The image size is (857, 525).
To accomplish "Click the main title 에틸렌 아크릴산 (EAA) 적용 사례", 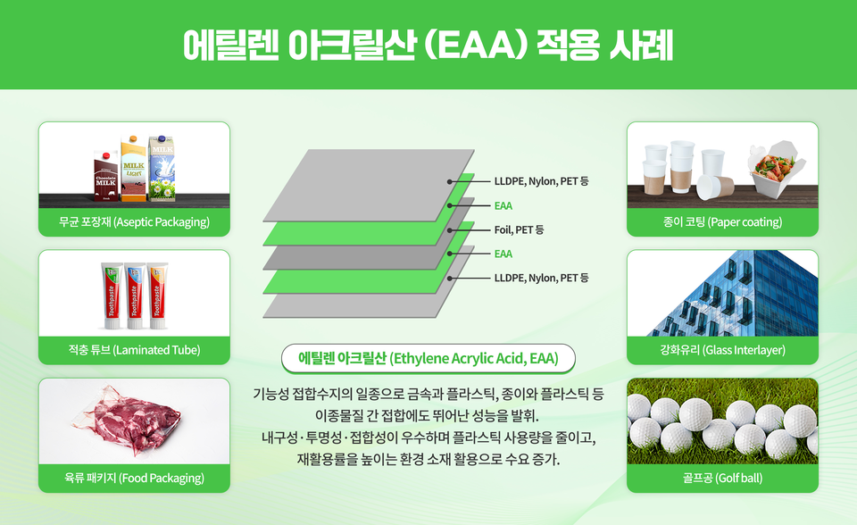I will tap(428, 45).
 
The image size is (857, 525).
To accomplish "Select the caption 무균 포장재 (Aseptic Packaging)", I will tap(134, 221).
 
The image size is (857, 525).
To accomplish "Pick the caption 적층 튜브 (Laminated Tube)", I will tap(134, 350).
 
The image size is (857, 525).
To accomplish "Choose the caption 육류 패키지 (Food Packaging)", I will tap(134, 479).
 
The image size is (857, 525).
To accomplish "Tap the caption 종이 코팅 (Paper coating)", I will tap(722, 221).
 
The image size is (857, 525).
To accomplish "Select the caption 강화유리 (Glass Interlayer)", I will tap(722, 350).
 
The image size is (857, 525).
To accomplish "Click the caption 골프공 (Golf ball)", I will tap(722, 479).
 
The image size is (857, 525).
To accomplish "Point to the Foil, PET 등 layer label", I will tap(519, 229).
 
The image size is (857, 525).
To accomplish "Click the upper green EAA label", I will tap(503, 205).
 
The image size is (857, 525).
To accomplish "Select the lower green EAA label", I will tap(503, 254).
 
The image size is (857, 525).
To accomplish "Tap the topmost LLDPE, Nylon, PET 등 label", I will tap(541, 181).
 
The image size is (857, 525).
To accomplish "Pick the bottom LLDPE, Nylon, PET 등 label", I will tap(541, 278).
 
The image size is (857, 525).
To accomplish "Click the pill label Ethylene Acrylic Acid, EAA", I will tap(428, 359).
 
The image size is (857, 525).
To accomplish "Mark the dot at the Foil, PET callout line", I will tap(450, 229).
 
